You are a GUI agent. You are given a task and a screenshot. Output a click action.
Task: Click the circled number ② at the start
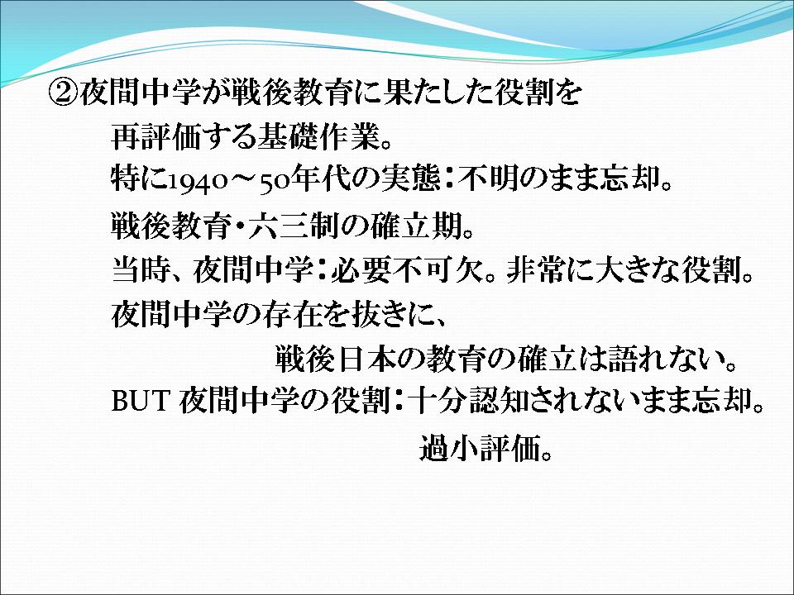(64, 92)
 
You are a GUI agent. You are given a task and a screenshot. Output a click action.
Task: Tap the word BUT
(140, 401)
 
